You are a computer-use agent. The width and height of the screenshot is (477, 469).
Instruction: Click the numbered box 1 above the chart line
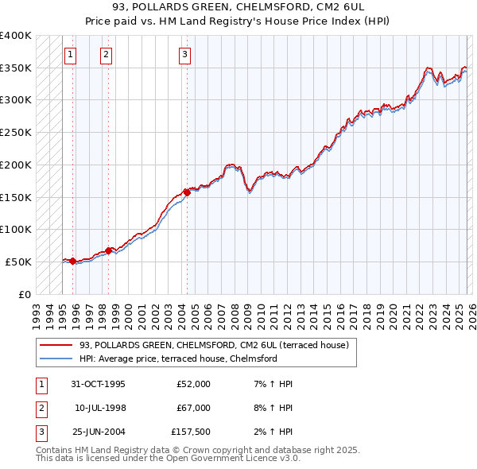click(71, 55)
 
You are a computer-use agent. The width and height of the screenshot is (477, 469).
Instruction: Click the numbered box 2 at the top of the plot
click(106, 55)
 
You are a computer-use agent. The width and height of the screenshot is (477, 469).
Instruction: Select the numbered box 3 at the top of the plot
click(184, 55)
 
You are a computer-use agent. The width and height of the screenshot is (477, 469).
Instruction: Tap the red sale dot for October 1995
click(73, 261)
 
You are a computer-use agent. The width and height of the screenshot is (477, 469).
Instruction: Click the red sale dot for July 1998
click(109, 250)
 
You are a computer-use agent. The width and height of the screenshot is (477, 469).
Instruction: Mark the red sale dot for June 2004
click(187, 192)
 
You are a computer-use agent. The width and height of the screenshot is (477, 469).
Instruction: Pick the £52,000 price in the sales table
click(193, 383)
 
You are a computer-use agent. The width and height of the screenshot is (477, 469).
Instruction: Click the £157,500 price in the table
click(191, 432)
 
